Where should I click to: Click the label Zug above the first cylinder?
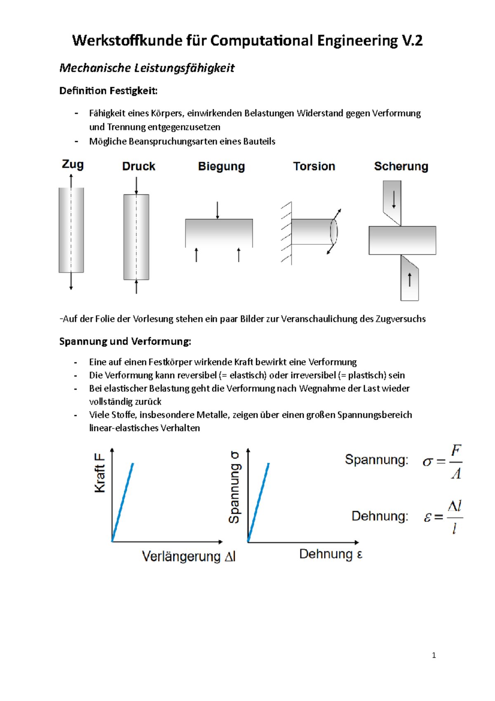tap(73, 164)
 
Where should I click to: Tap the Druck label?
tap(139, 166)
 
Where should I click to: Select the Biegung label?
tap(221, 166)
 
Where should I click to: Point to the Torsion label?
tap(314, 166)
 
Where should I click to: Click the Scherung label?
tap(401, 166)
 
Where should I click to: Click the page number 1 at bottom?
tap(434, 655)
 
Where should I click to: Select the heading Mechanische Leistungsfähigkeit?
tap(147, 68)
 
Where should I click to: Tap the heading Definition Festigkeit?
tap(108, 91)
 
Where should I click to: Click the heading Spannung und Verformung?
tap(125, 341)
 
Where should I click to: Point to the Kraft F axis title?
tap(100, 473)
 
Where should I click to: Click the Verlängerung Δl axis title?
tap(189, 557)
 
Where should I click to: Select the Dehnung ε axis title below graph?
tap(330, 554)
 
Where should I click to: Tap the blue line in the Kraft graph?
tap(123, 502)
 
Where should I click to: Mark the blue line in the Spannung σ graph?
tap(259, 502)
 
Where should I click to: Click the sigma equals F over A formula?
tap(442, 462)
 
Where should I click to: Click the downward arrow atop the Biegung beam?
tap(217, 210)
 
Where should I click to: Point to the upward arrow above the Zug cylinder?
tap(71, 180)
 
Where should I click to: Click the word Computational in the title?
tap(262, 40)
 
